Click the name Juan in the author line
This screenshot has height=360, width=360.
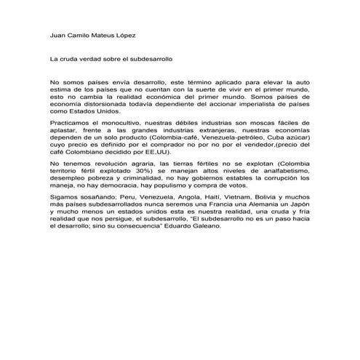point(57,34)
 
